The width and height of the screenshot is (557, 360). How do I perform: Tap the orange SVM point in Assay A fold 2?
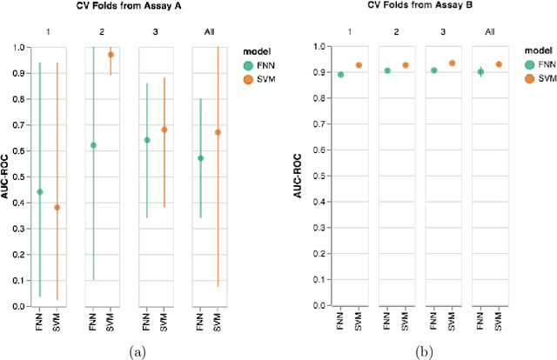(111, 55)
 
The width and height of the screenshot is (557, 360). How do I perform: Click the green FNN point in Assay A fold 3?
(147, 140)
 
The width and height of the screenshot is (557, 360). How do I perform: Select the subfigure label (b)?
(420, 350)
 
